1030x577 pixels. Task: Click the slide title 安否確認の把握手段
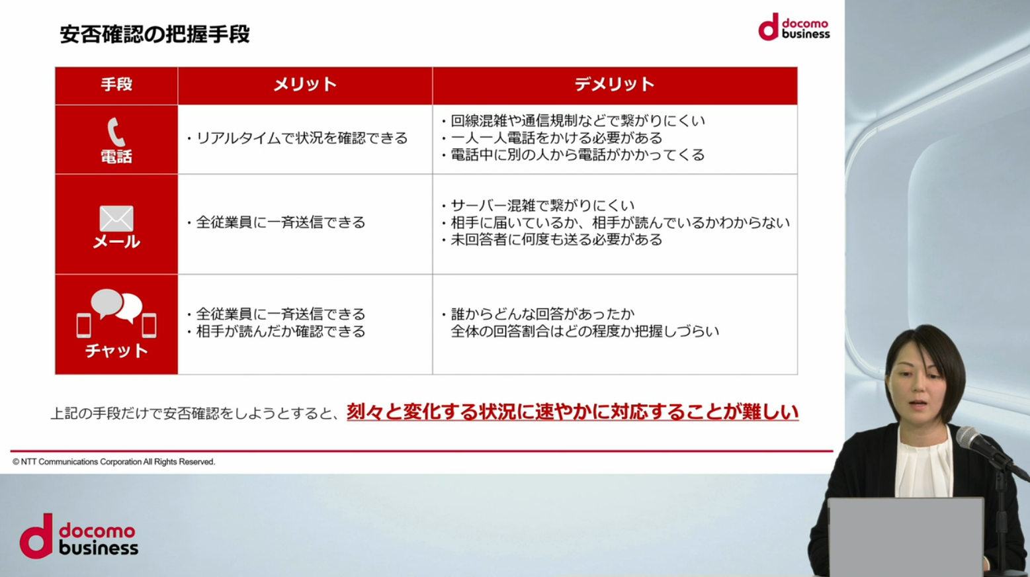coord(155,34)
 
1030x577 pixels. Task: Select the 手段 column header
coord(116,84)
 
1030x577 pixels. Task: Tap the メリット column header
coord(305,84)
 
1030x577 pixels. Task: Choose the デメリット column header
coord(615,84)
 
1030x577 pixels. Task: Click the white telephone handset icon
coord(116,132)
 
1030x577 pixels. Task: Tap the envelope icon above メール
coord(116,218)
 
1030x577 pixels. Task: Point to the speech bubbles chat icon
coord(116,313)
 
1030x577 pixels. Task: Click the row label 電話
coord(116,157)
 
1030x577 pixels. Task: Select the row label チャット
coord(116,351)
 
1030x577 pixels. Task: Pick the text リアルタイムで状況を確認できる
coord(302,138)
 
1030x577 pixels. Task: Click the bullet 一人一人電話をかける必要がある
coord(556,138)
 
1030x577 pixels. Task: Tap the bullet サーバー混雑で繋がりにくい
coord(542,205)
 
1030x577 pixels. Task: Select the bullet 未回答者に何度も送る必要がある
coord(556,240)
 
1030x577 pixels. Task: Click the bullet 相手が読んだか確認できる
coord(280,332)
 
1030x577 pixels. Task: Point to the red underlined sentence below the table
coord(572,412)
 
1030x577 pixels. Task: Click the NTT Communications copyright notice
coord(114,462)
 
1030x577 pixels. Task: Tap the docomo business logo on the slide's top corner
coord(794,27)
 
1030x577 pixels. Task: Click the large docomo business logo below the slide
coord(79,536)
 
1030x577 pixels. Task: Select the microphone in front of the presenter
coord(988,451)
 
